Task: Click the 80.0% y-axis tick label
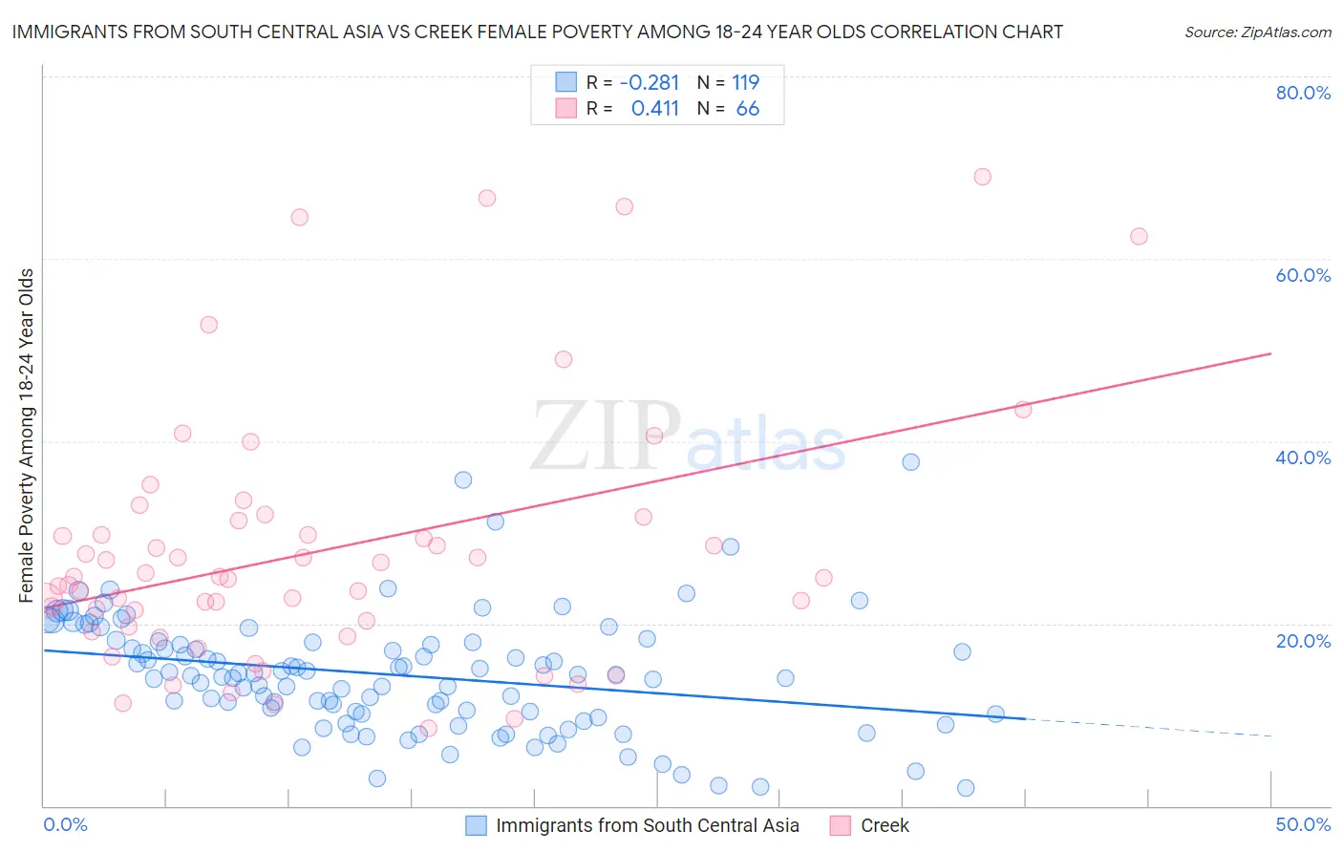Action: (x=1302, y=93)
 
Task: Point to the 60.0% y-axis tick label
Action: (x=1302, y=275)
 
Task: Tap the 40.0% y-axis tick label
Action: (x=1302, y=458)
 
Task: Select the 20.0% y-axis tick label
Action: (x=1302, y=641)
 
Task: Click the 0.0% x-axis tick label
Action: (x=65, y=824)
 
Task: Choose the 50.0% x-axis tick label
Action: (x=1302, y=824)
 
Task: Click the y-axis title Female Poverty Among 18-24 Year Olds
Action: (x=27, y=436)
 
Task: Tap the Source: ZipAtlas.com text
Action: (x=1257, y=32)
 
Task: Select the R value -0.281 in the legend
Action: (x=650, y=82)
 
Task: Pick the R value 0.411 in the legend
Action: (x=654, y=109)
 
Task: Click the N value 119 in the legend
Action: (x=745, y=82)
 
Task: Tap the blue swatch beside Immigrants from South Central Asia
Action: (x=476, y=825)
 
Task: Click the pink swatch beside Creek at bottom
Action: (x=841, y=825)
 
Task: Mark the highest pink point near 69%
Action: (x=982, y=177)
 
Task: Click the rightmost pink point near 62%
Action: (x=1139, y=237)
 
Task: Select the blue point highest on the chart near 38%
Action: (x=911, y=462)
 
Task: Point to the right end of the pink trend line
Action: (x=1270, y=353)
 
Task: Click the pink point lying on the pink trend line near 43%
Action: (x=1023, y=410)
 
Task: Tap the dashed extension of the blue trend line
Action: (x=1146, y=727)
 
